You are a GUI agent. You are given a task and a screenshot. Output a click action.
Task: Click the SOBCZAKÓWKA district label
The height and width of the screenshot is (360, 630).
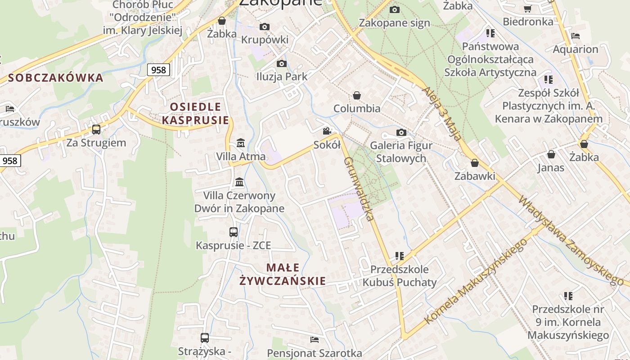[x=55, y=78]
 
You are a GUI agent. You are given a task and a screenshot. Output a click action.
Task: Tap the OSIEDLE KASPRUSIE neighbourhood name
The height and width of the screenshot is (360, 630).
[x=195, y=113]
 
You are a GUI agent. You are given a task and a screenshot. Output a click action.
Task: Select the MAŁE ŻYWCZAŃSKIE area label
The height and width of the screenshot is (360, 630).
[x=283, y=274]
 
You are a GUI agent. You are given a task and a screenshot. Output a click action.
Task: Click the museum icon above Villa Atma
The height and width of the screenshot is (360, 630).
[x=240, y=143]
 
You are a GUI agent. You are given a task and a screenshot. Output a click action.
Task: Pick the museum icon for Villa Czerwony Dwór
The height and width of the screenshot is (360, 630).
[x=239, y=182]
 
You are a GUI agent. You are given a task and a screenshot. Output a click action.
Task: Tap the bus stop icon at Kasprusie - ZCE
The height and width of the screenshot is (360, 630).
[x=233, y=232]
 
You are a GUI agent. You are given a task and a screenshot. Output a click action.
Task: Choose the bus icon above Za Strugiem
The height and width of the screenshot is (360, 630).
[x=96, y=130]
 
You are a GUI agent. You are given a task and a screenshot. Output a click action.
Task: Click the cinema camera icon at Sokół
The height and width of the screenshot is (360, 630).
[x=327, y=131]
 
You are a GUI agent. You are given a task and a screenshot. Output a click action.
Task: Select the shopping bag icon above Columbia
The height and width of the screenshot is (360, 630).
[x=357, y=95]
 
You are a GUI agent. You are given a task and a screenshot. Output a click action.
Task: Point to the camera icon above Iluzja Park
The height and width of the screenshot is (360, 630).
[x=282, y=63]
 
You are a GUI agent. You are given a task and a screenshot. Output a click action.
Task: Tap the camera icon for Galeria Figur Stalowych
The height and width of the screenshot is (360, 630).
[x=401, y=132]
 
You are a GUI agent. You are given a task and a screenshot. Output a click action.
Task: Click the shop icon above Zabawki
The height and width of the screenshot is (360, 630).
[x=474, y=163]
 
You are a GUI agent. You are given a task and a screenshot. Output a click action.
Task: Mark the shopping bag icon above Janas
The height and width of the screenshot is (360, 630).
[x=551, y=155]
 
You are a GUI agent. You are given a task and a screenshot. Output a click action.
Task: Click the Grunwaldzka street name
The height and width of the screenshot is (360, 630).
[x=359, y=189]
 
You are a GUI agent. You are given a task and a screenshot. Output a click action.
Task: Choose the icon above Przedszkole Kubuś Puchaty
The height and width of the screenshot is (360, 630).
[x=399, y=256]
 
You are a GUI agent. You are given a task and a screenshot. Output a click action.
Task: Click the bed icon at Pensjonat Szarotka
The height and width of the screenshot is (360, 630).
[x=315, y=339]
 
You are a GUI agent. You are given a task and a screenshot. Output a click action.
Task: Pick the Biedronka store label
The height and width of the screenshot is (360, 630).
[x=528, y=22]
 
